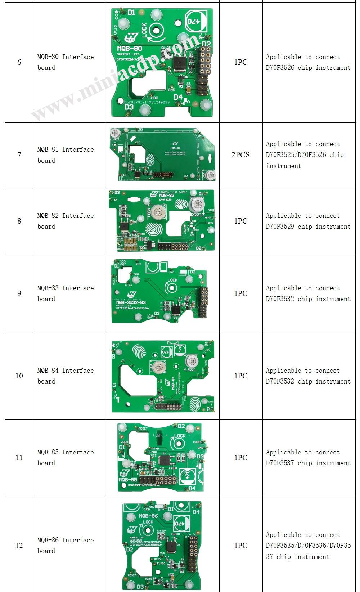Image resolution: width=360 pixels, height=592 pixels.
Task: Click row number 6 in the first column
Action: pyautogui.click(x=19, y=62)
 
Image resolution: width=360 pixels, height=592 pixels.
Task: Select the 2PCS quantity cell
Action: pyautogui.click(x=240, y=155)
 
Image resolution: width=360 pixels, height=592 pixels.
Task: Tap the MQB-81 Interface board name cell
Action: pyautogui.click(x=65, y=155)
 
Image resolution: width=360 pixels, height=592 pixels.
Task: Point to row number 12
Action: pyautogui.click(x=19, y=546)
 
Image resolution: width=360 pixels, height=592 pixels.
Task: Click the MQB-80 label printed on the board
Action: pyautogui.click(x=130, y=49)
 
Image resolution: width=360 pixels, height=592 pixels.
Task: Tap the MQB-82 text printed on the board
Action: pyautogui.click(x=166, y=196)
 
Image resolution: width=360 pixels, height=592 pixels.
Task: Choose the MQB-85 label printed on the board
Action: pyautogui.click(x=127, y=480)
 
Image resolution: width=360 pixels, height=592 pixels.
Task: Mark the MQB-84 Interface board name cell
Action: pyautogui.click(x=65, y=376)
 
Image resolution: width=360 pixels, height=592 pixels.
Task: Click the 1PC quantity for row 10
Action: pyautogui.click(x=240, y=376)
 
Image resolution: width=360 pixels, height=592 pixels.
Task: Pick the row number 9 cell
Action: pyautogui.click(x=19, y=293)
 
